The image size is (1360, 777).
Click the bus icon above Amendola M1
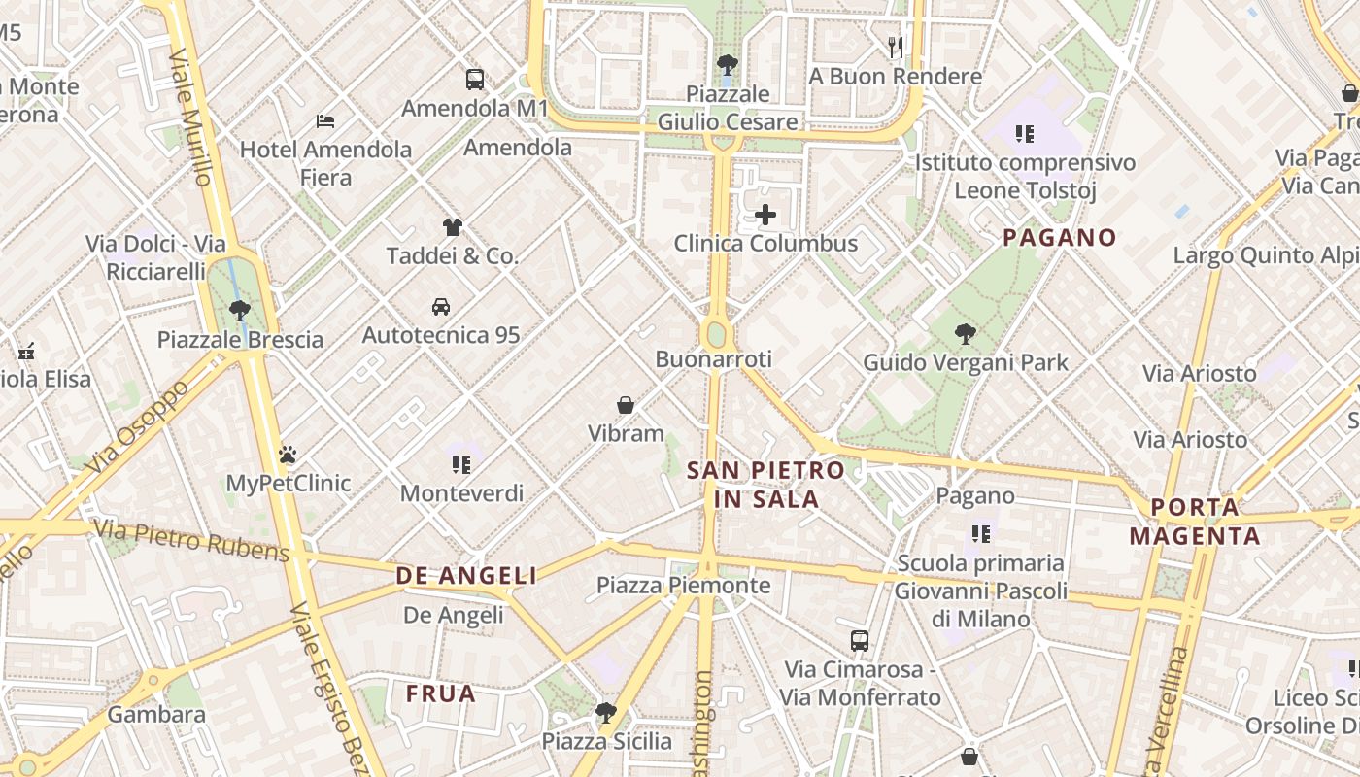point(474,80)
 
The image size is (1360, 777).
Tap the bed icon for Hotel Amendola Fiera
point(325,121)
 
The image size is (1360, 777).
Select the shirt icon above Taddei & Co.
point(452,227)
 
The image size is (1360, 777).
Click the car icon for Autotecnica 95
point(441,307)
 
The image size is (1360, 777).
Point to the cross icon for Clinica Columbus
point(765,215)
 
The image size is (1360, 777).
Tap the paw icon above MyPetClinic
point(288,455)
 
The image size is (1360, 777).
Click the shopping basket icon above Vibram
point(626,405)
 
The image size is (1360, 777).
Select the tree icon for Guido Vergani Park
point(965,334)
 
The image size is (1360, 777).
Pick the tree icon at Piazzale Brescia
point(239,311)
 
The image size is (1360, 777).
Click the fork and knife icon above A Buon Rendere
point(896,47)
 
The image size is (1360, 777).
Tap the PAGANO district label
point(1060,237)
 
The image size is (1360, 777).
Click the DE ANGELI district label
point(466,576)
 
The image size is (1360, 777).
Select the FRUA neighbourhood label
point(441,693)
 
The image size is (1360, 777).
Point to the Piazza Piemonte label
point(683,585)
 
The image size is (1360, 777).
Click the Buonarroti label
point(713,359)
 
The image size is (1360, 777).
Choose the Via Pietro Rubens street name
point(191,540)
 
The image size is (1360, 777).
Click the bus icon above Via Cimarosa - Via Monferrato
point(860,641)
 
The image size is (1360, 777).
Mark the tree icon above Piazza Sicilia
point(606,713)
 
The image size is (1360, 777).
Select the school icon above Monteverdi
point(461,465)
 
